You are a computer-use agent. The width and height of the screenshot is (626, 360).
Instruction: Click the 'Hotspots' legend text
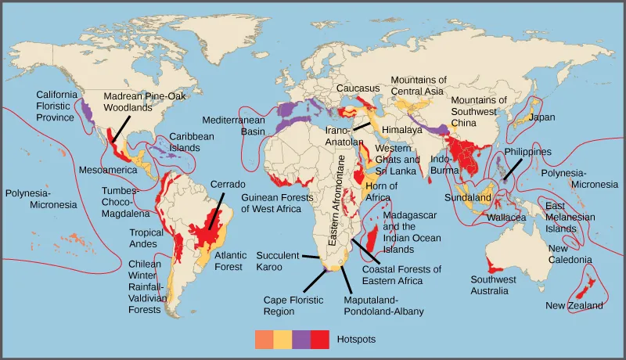(x=356, y=340)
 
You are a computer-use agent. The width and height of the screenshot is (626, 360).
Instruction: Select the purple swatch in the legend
(x=301, y=340)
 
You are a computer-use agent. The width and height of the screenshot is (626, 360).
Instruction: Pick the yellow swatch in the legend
(x=282, y=340)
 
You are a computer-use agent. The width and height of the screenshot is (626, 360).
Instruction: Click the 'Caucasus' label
(x=358, y=88)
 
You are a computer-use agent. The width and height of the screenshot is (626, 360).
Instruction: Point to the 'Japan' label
(x=541, y=117)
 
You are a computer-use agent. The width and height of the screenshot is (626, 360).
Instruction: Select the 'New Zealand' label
(x=574, y=305)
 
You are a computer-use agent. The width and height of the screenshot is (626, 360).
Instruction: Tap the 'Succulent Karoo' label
(x=280, y=261)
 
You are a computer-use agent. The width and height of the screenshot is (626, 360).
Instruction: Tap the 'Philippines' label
(x=528, y=152)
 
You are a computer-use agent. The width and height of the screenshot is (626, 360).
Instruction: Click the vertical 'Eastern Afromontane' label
(x=341, y=199)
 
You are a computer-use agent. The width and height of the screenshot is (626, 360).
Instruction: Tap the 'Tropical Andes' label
(x=147, y=238)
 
